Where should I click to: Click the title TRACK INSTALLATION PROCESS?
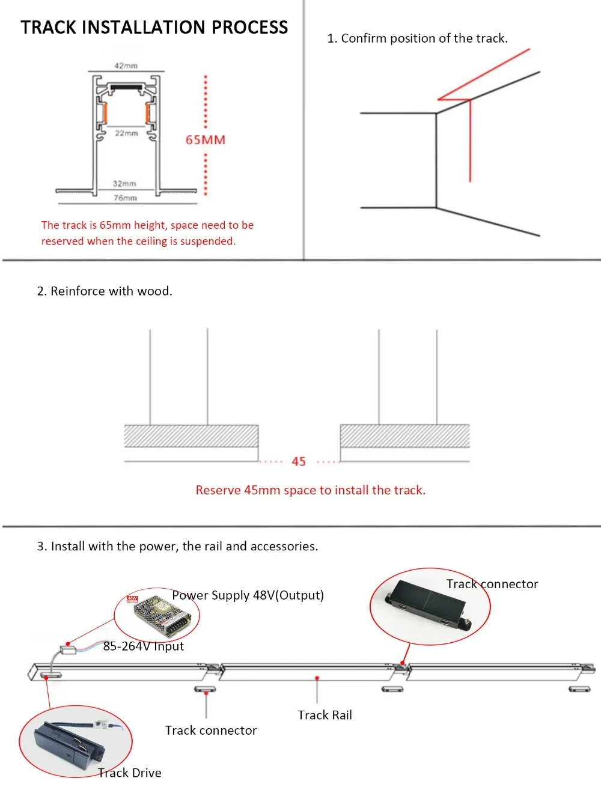(154, 28)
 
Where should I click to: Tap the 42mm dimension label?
(126, 65)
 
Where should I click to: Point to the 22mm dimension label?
(126, 133)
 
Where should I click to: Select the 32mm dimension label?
(124, 183)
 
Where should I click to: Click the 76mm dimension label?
(125, 198)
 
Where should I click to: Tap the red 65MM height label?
(205, 140)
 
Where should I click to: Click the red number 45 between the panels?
(299, 461)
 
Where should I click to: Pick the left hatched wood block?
(191, 436)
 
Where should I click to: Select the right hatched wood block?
(404, 436)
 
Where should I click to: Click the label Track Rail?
(325, 715)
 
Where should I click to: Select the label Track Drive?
(130, 773)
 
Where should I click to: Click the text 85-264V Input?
(144, 646)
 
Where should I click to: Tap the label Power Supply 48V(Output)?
(248, 595)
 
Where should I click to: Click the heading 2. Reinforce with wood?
(105, 291)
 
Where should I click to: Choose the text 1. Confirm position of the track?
(417, 38)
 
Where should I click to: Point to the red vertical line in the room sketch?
(470, 141)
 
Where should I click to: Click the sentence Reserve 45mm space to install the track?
(310, 490)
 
